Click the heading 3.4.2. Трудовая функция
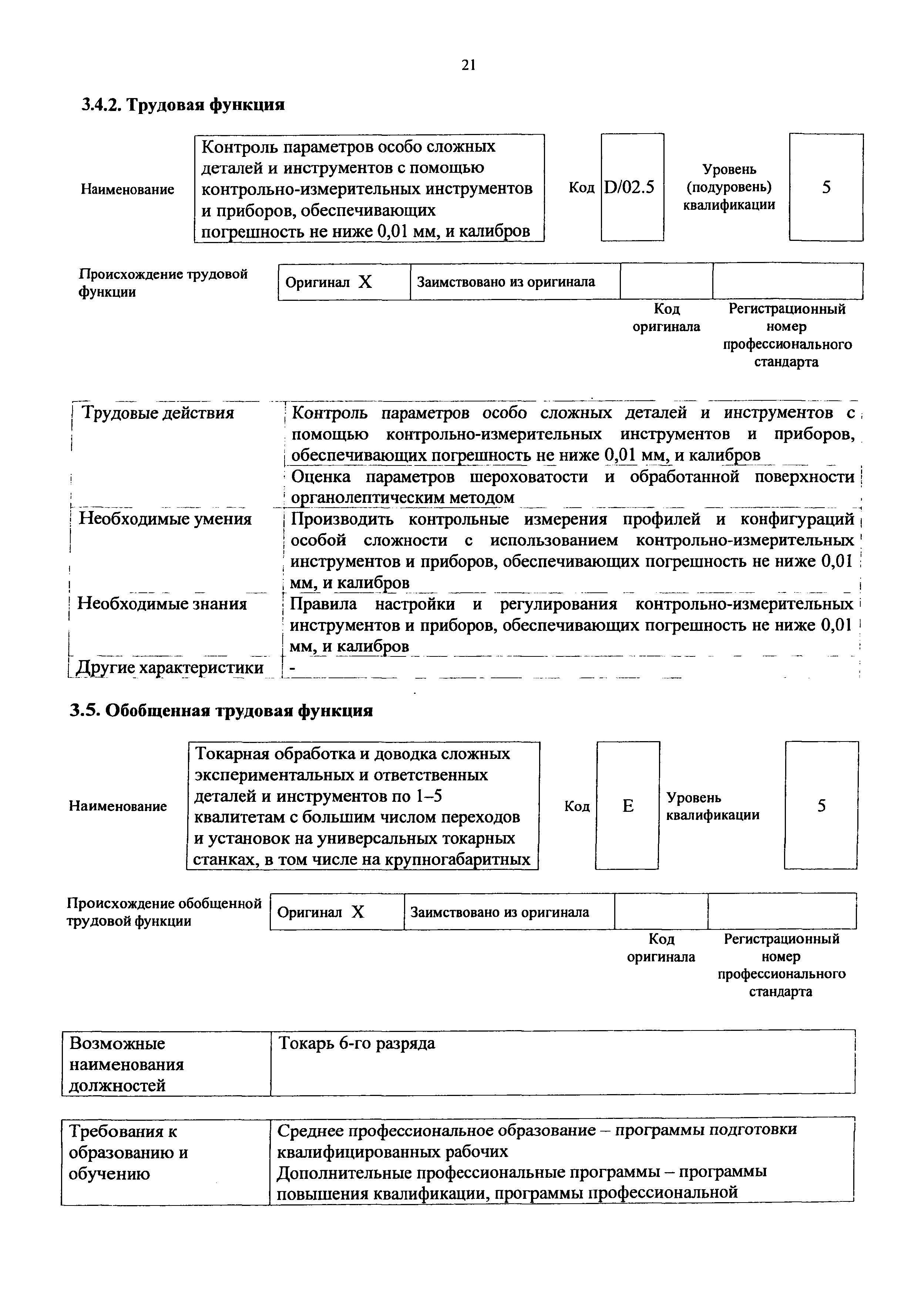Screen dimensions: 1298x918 182,105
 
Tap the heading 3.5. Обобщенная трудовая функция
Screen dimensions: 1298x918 221,711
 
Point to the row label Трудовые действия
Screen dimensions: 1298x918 158,413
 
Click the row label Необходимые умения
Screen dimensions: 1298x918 165,519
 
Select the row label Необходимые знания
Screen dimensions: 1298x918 162,604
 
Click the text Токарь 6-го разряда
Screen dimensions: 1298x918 357,1043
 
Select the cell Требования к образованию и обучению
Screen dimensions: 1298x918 128,1153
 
